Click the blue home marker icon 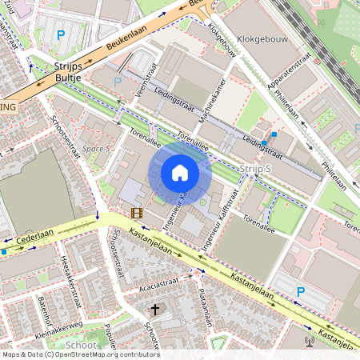click(180, 173)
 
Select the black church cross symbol click(154, 309)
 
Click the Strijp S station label click(256, 168)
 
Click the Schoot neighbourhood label click(81, 345)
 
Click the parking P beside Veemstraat click(118, 82)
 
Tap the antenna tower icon click(312, 342)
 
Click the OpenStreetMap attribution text click(80, 354)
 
